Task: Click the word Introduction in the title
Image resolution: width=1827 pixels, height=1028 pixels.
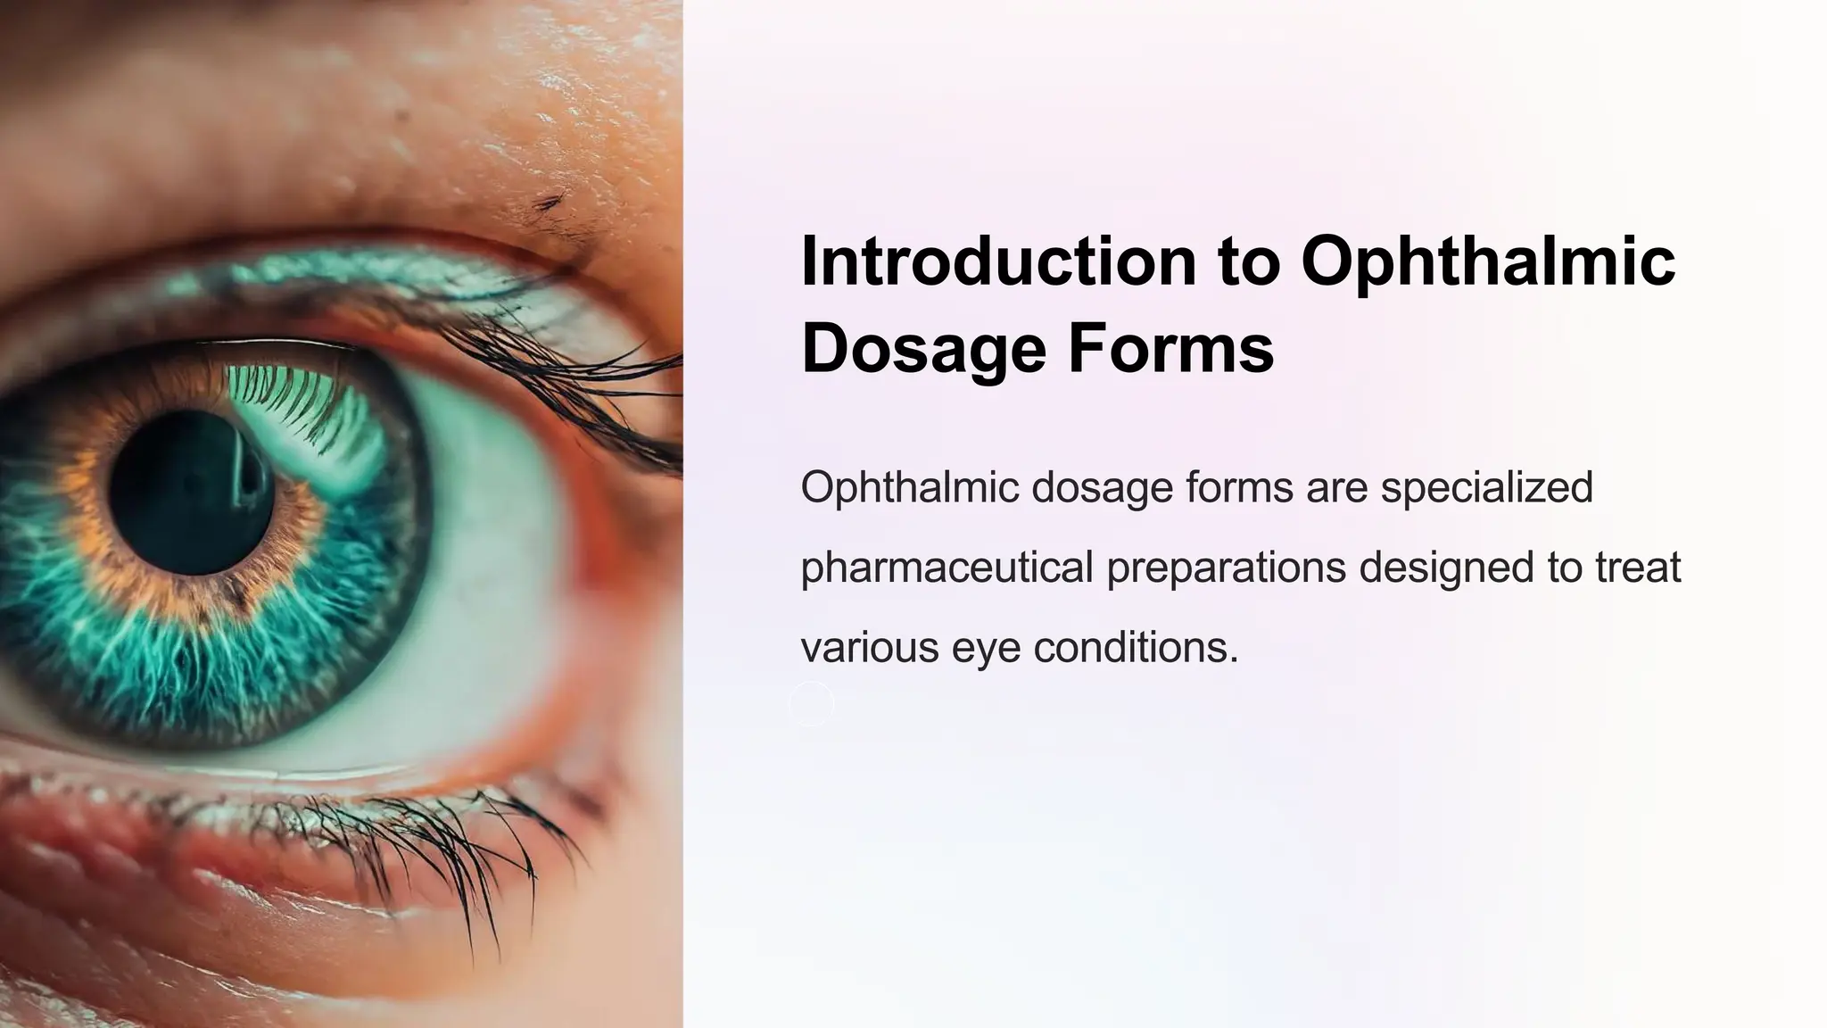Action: coord(998,261)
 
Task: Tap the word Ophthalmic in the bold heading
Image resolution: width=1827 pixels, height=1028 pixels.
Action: coord(1488,261)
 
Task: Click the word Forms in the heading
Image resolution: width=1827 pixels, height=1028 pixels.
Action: coord(1170,348)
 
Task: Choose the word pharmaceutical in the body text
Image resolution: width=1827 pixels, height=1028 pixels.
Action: coord(947,568)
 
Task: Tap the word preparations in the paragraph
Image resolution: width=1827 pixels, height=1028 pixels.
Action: coord(1226,568)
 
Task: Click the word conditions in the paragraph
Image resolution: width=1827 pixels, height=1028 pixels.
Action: coord(1136,647)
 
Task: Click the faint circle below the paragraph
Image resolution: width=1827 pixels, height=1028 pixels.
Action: coord(811,703)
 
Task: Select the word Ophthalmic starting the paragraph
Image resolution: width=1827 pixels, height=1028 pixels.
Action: coord(909,488)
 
